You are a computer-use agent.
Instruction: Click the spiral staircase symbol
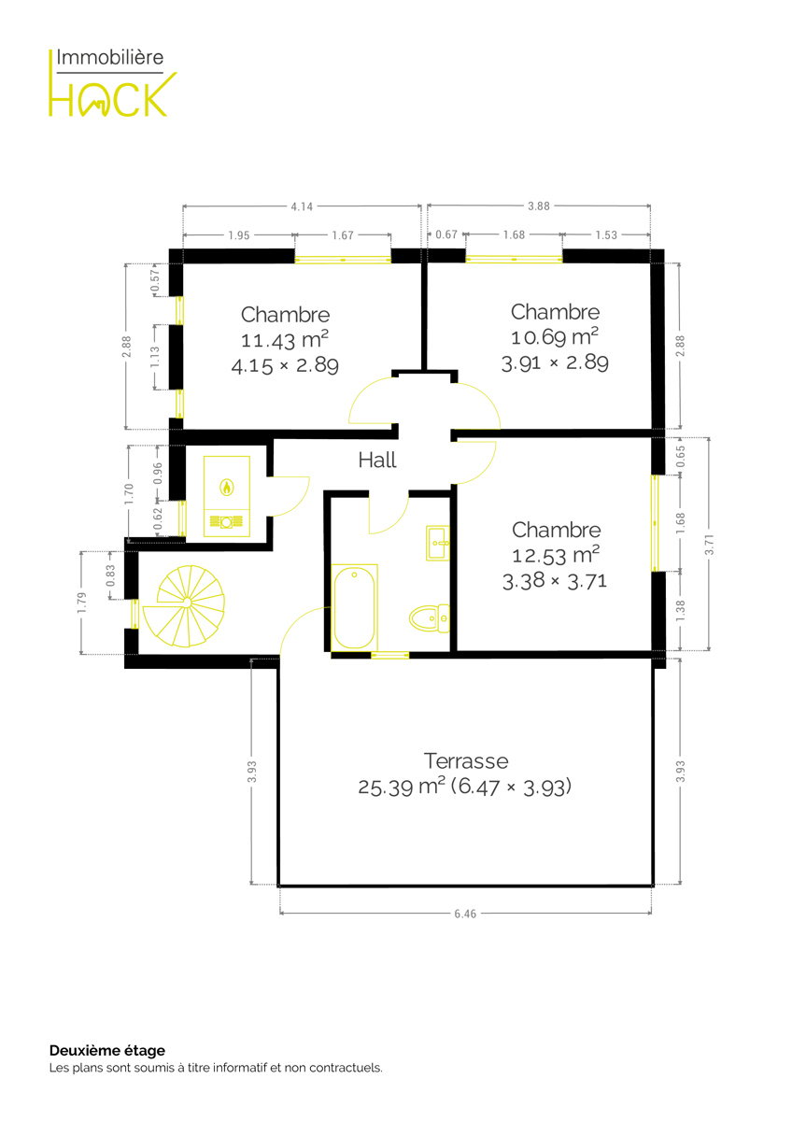(x=184, y=606)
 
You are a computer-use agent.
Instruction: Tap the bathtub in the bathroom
(x=354, y=607)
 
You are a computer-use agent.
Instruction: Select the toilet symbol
(x=430, y=618)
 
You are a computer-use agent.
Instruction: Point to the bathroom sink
(x=438, y=543)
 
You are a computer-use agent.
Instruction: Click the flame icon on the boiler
(x=227, y=487)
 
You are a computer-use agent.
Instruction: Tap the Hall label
(x=377, y=460)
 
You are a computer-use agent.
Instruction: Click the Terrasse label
(x=466, y=761)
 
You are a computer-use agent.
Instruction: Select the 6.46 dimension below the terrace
(x=465, y=914)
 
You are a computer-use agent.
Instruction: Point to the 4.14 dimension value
(x=302, y=206)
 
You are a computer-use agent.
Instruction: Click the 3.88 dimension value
(x=538, y=206)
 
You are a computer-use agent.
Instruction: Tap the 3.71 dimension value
(x=709, y=544)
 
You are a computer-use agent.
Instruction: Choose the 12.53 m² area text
(x=556, y=556)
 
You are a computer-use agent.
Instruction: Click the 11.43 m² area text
(x=285, y=340)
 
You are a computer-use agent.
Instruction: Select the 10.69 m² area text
(x=555, y=337)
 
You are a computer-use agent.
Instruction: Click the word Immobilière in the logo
(x=109, y=58)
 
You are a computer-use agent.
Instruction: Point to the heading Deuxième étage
(x=107, y=1050)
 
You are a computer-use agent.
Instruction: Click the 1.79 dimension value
(x=81, y=603)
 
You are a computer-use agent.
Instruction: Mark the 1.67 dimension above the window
(x=343, y=235)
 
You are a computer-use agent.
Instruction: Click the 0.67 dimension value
(x=446, y=234)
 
